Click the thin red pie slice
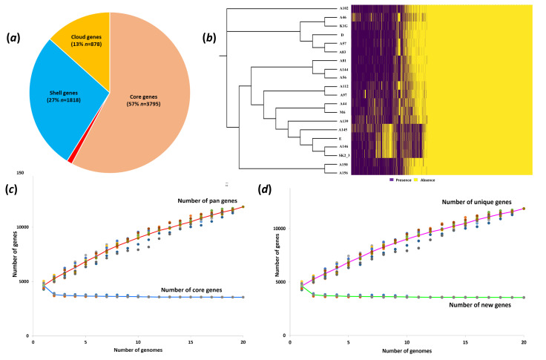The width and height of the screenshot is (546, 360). pos(70,159)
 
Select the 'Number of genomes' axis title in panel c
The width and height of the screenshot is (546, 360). pos(138,352)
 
